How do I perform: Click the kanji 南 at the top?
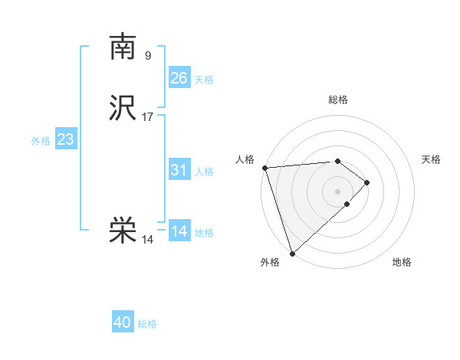(123, 47)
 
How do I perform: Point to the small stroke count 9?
(148, 55)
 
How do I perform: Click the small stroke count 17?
(148, 117)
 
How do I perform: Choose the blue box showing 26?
(179, 77)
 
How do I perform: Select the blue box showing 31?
(179, 170)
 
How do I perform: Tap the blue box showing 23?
(65, 139)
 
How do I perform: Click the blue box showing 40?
(123, 322)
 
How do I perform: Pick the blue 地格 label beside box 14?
(204, 233)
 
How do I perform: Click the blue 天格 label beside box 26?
(204, 80)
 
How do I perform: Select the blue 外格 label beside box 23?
(41, 141)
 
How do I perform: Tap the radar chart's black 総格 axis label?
(337, 100)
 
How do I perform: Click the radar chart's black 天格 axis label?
(431, 159)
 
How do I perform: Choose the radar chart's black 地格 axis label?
(402, 263)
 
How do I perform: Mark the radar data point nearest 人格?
(264, 168)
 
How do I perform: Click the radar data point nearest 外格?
(292, 252)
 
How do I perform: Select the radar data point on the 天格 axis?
(367, 182)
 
